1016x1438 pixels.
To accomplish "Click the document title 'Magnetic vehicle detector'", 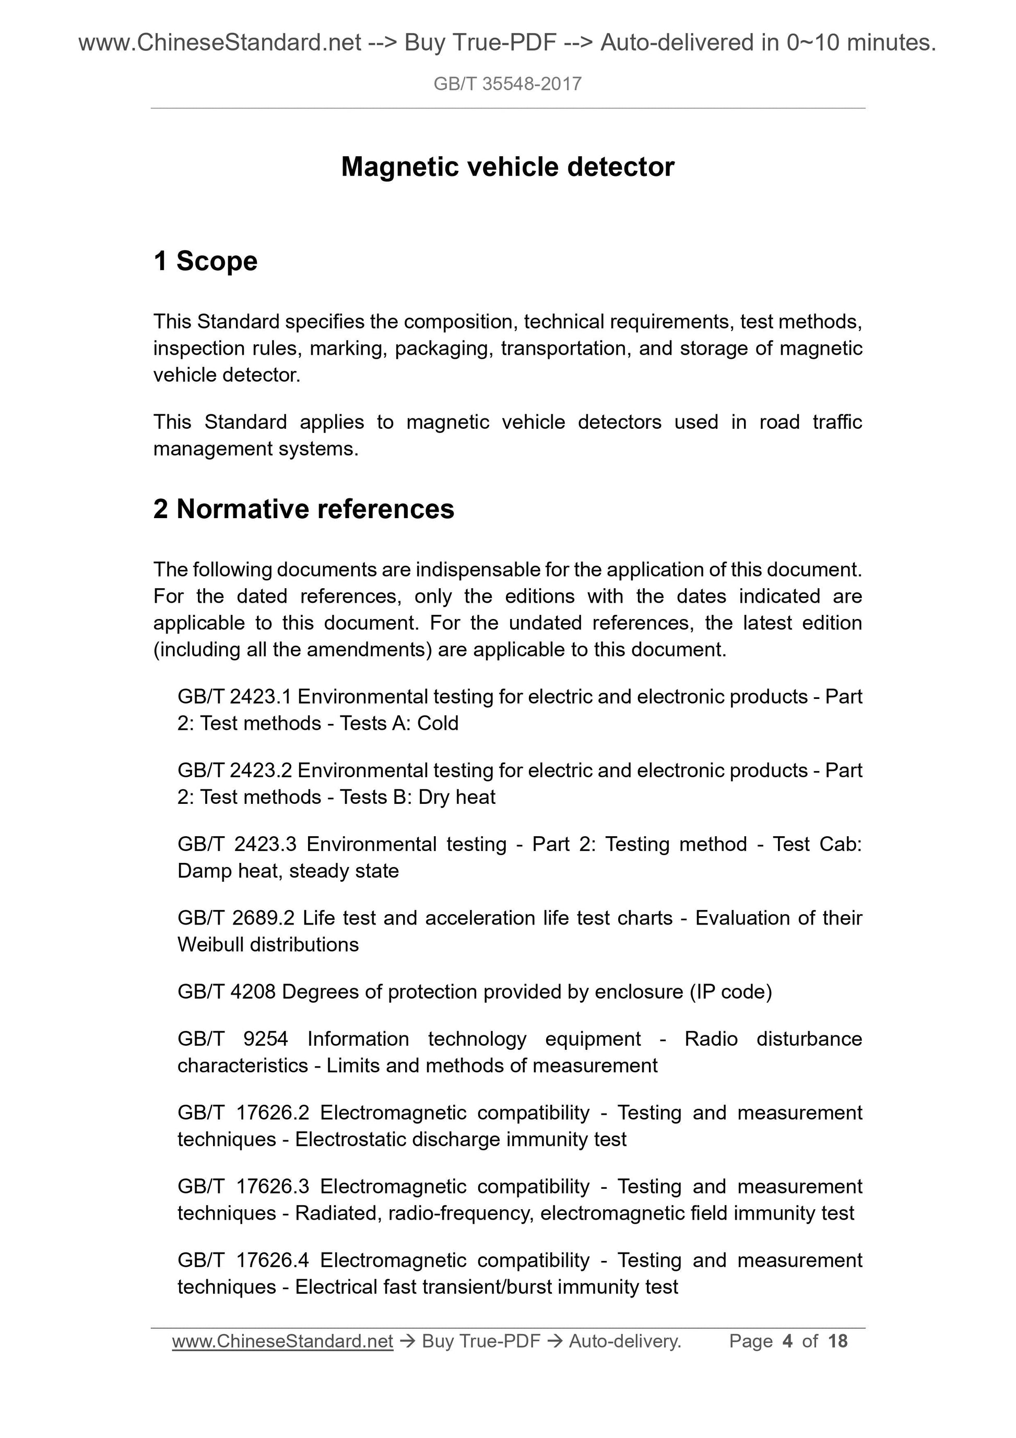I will pyautogui.click(x=507, y=167).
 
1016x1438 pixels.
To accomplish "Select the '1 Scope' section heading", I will pyautogui.click(x=205, y=261).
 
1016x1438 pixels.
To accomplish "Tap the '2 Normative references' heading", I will pyautogui.click(x=304, y=509).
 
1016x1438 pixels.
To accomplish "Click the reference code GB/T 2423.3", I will pyautogui.click(x=237, y=844).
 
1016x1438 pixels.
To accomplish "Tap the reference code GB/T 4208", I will pyautogui.click(x=227, y=991).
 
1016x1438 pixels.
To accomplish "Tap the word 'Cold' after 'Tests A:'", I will pyautogui.click(x=438, y=723).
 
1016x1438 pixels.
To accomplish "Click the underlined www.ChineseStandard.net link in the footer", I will pyautogui.click(x=282, y=1341).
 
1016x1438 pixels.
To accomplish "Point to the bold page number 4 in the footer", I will pyautogui.click(x=787, y=1341).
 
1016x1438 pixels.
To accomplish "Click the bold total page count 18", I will pyautogui.click(x=837, y=1341).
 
